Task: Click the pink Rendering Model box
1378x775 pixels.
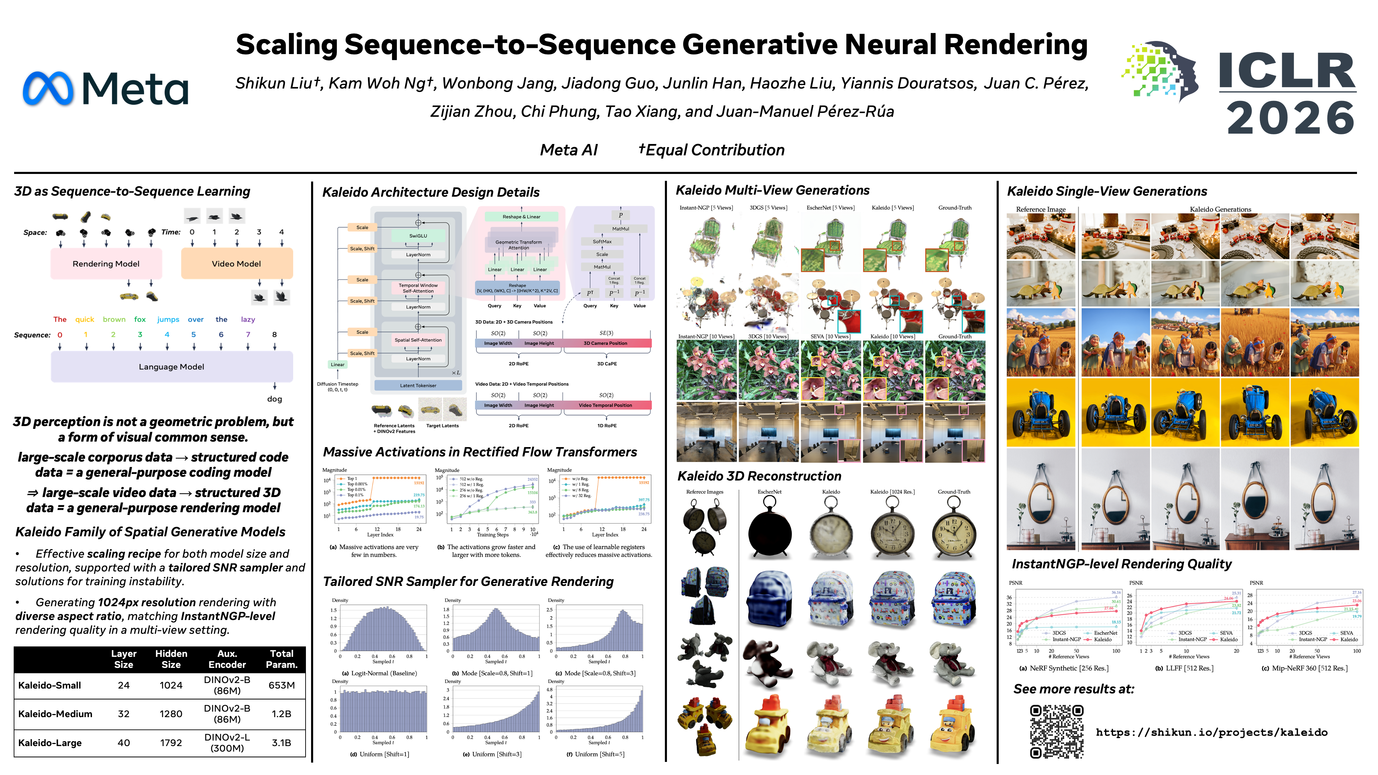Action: coord(106,264)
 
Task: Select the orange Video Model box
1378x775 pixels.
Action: coord(236,264)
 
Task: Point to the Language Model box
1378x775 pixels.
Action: coord(171,367)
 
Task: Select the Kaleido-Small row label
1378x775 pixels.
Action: coord(50,685)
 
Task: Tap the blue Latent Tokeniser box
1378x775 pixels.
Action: coord(418,385)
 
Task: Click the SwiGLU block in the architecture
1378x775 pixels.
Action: coord(418,236)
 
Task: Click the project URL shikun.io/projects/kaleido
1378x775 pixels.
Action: coord(1211,732)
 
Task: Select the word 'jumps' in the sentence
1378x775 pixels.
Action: coord(168,319)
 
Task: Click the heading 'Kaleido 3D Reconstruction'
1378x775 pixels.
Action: coord(759,476)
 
